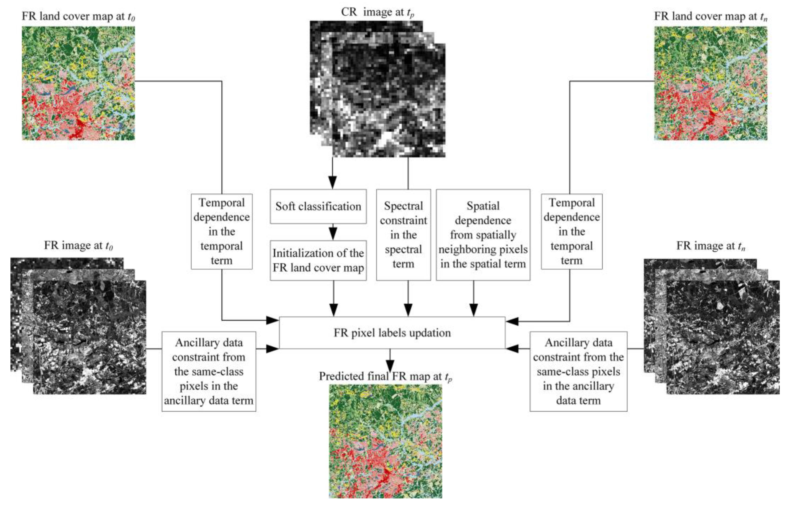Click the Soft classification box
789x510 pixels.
(x=318, y=206)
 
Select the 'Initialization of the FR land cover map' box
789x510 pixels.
(x=318, y=260)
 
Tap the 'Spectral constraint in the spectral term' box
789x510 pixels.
(x=403, y=235)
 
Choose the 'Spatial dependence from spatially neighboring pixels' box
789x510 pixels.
(x=483, y=235)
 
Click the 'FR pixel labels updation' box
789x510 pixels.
(x=392, y=332)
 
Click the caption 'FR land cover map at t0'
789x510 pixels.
(x=78, y=16)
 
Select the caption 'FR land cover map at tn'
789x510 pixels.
(x=710, y=16)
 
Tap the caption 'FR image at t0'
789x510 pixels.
(x=78, y=245)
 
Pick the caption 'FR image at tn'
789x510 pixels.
(x=710, y=246)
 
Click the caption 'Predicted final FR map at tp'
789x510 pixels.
(x=385, y=376)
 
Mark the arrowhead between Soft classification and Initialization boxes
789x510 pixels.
(x=333, y=233)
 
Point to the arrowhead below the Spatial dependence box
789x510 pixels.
(x=474, y=310)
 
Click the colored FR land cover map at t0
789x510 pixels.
(x=78, y=83)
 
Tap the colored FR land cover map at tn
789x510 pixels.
(x=710, y=83)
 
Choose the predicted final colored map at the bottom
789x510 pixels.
(x=385, y=441)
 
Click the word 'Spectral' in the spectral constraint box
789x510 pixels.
(x=403, y=206)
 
